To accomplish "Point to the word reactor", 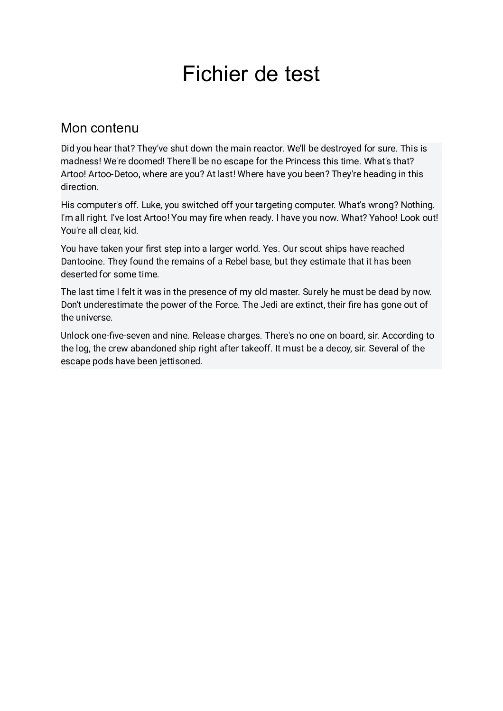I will pyautogui.click(x=269, y=149).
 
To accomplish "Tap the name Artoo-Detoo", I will pyautogui.click(x=114, y=174).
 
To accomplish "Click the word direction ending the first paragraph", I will pyautogui.click(x=79, y=187).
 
